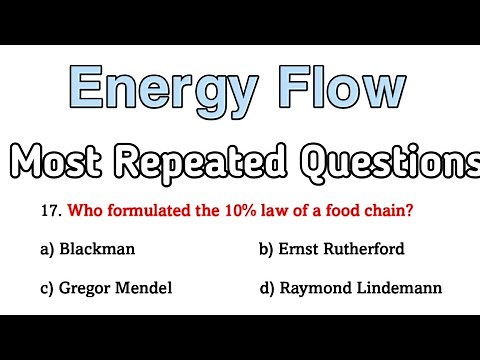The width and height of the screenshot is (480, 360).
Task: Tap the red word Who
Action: [x=87, y=211]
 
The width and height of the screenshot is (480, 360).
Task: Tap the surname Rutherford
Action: [x=372, y=250]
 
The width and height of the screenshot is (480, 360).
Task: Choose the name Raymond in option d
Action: [x=314, y=288]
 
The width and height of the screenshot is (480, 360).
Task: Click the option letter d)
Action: [x=267, y=288]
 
